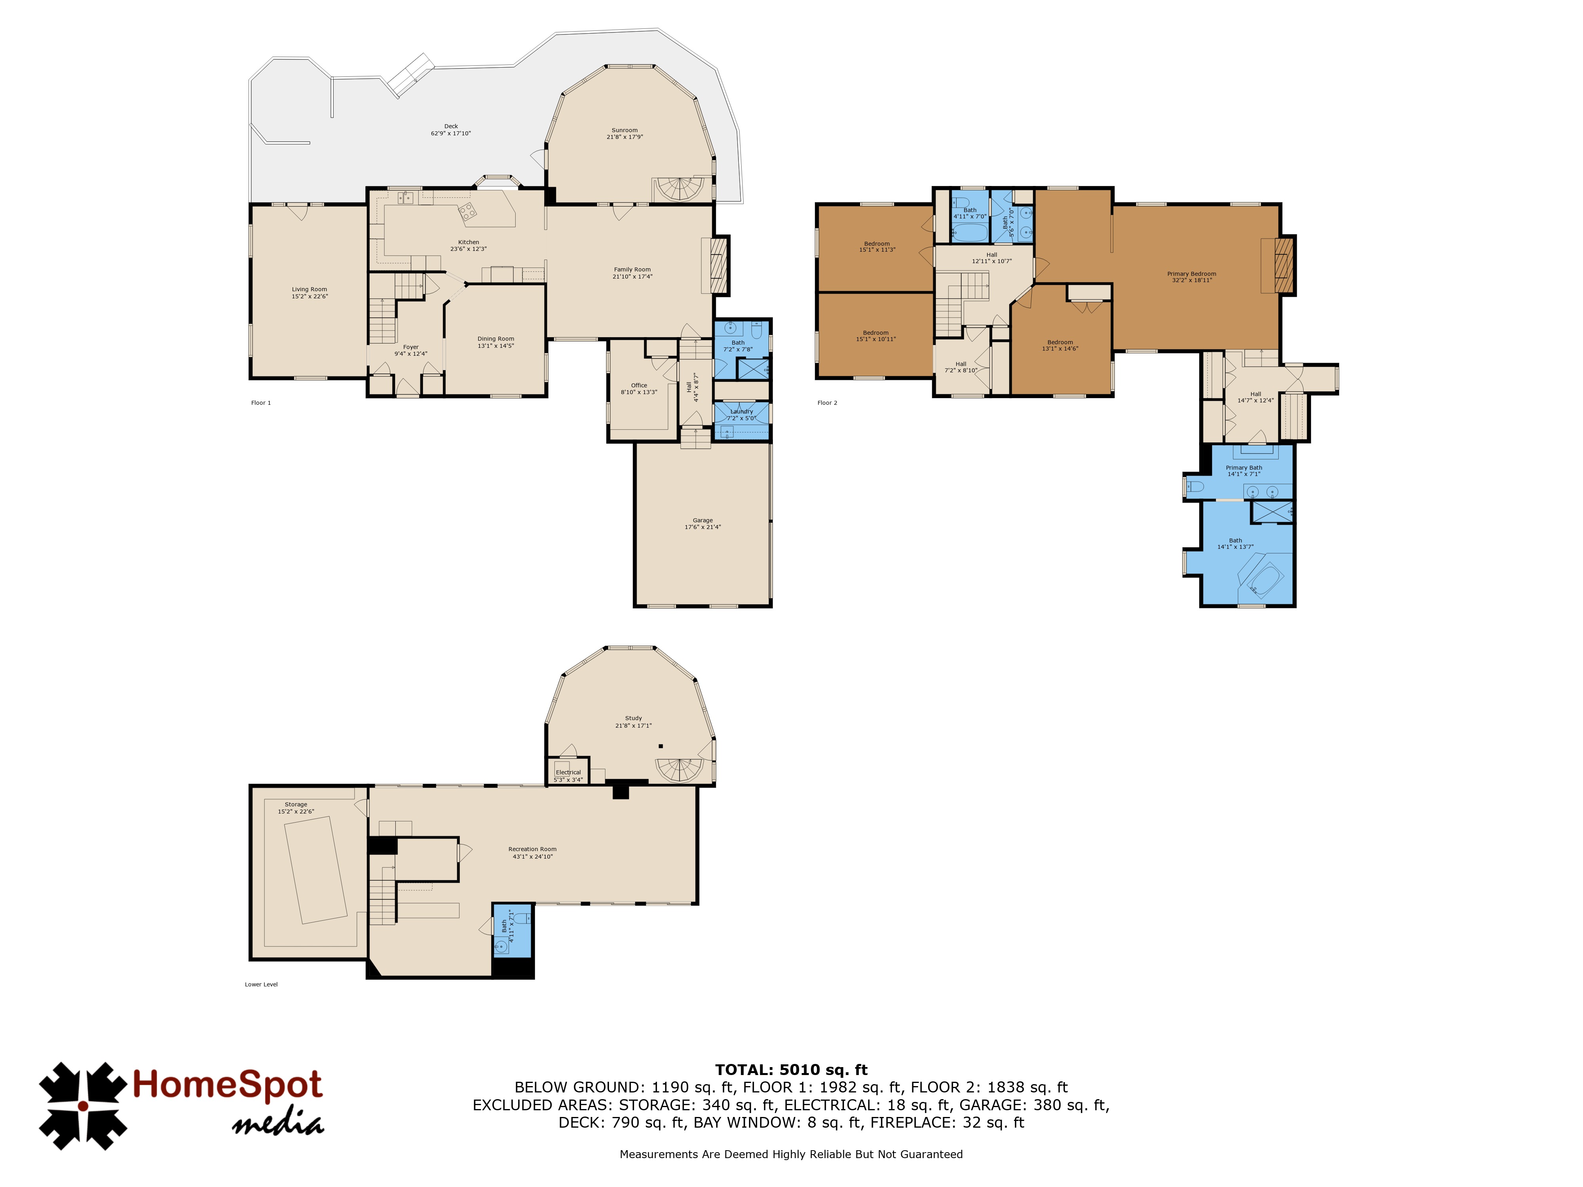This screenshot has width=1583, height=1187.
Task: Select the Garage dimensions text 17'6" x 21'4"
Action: pos(703,527)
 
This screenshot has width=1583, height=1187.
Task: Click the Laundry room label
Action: pos(741,411)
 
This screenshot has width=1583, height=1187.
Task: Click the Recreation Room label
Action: pos(532,849)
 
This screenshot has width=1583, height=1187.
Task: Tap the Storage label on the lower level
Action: pos(296,804)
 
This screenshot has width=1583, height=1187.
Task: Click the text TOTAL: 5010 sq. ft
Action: pos(791,1069)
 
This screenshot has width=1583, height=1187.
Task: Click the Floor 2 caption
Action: pos(827,403)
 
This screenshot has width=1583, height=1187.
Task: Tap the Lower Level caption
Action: pos(261,984)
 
